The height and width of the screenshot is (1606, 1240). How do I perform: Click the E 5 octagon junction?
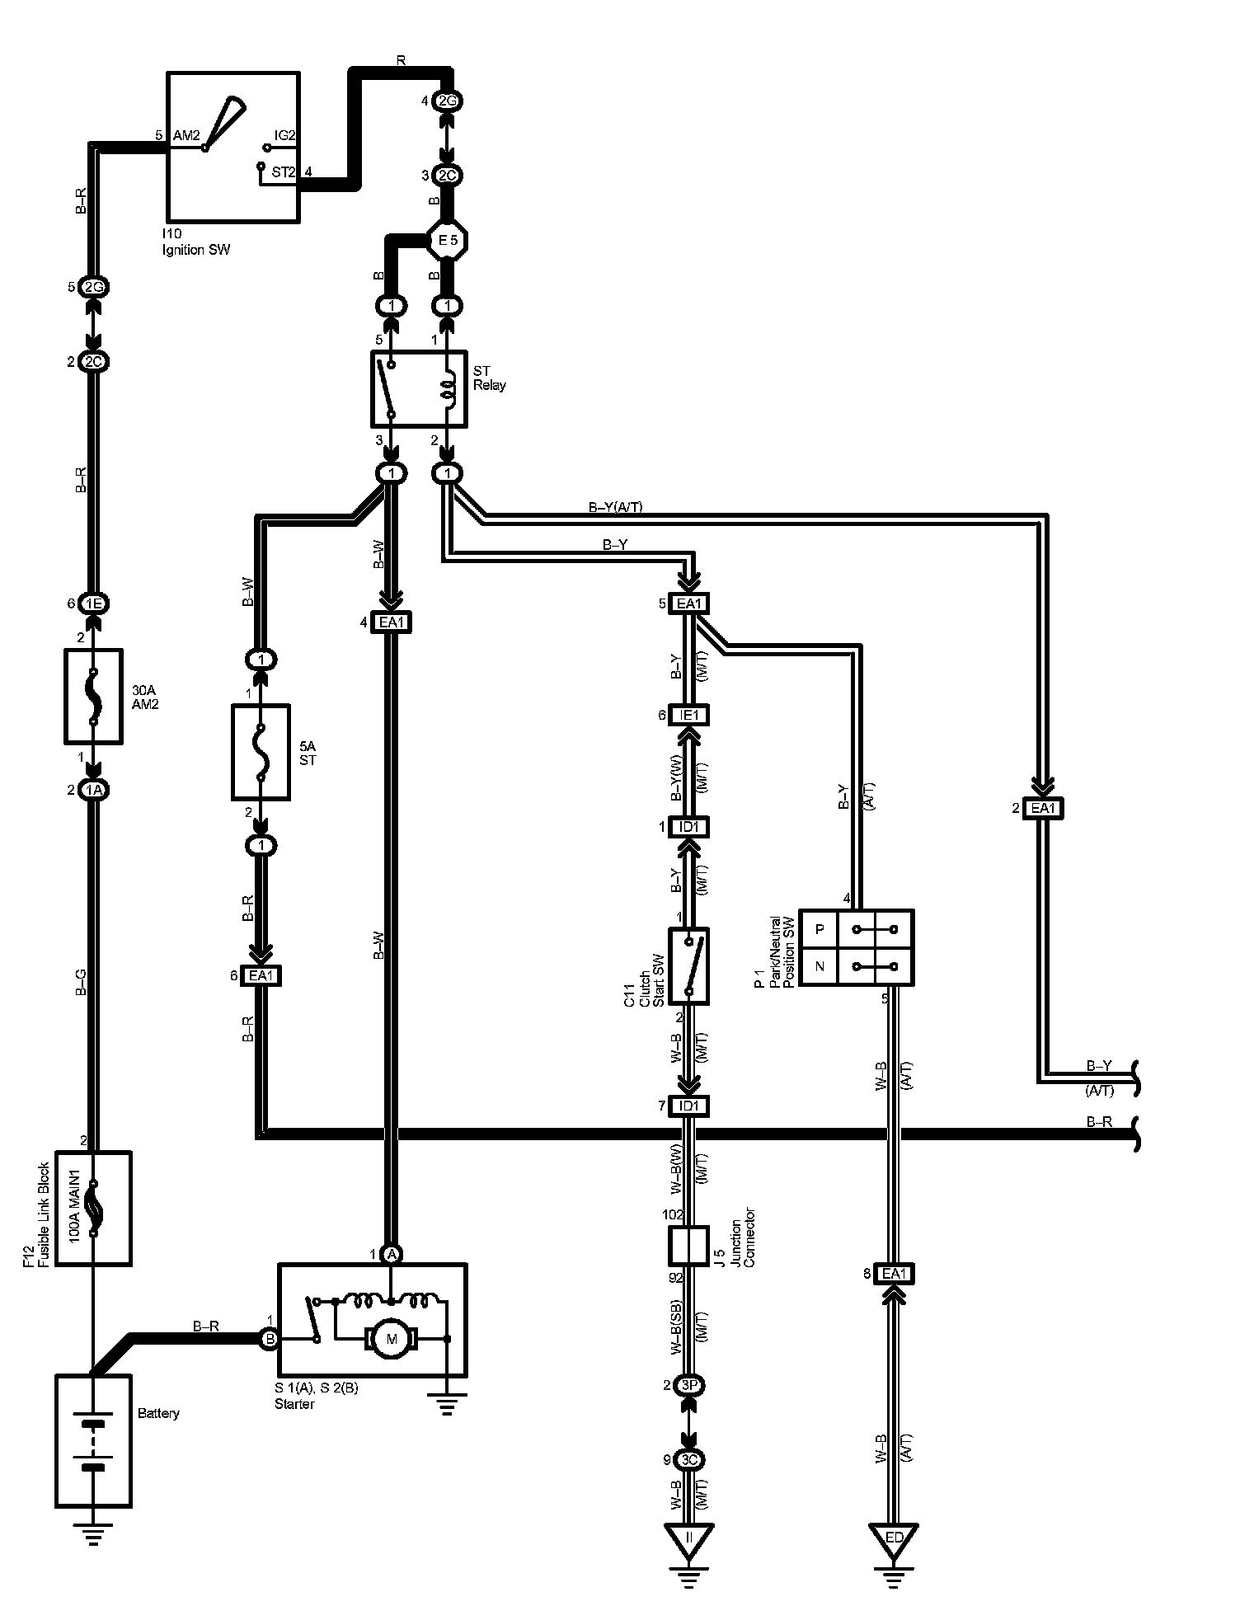(448, 241)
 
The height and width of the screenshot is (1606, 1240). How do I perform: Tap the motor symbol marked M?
(392, 1339)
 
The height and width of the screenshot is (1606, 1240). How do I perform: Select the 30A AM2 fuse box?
(92, 694)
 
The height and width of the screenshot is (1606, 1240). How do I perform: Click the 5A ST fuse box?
(261, 752)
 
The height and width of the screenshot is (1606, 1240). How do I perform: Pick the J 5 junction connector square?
(688, 1246)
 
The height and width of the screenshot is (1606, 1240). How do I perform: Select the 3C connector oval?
(688, 1460)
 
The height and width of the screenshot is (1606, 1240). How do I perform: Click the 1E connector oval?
(92, 603)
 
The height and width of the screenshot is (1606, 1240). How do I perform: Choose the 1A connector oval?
(92, 790)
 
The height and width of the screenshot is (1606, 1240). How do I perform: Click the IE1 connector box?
(688, 716)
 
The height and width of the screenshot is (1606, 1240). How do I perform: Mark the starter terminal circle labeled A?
(392, 1254)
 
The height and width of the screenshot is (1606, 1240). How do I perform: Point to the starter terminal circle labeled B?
(270, 1339)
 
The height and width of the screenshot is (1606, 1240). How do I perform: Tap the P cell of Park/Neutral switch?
(820, 928)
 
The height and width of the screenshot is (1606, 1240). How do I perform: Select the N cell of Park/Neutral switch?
(820, 966)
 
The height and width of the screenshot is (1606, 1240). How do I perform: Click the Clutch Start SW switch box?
(688, 965)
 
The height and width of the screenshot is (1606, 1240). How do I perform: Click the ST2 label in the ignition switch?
(284, 172)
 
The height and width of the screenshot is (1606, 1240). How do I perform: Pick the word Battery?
(158, 1413)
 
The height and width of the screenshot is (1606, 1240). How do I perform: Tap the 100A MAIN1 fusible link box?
(92, 1208)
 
